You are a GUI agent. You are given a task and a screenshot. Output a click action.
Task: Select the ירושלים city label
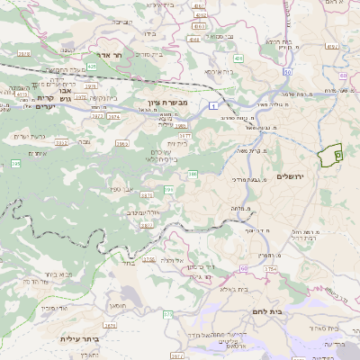293,176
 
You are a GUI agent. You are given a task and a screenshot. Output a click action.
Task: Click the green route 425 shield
92,66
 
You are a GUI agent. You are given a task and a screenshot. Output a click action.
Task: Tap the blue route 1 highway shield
211,107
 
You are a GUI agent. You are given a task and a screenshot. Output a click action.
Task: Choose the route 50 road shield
287,71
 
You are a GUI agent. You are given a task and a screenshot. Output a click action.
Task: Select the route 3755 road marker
271,268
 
